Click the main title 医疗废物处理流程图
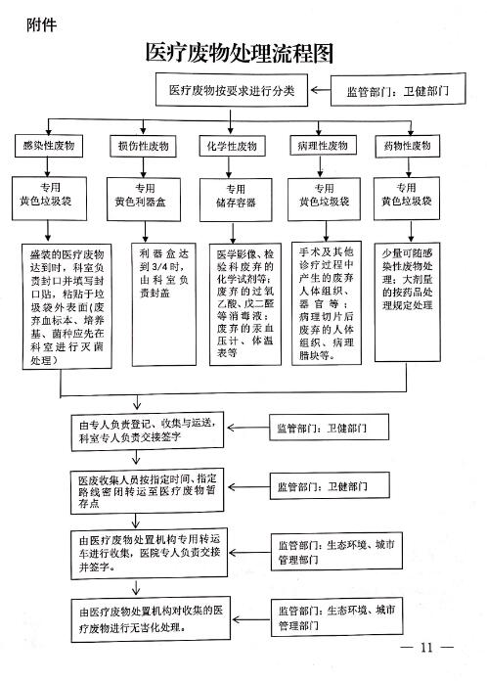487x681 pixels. [x=240, y=53]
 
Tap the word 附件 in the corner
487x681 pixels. [x=42, y=24]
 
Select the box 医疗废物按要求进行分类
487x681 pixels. [x=232, y=90]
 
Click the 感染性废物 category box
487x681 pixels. [x=49, y=146]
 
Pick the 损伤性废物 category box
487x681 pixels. [x=143, y=146]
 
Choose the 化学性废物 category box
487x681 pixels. [x=232, y=146]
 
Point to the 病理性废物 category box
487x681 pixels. [x=323, y=145]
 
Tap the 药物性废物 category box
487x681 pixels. [x=407, y=146]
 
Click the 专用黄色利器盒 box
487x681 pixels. [x=144, y=199]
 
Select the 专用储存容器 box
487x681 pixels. [x=236, y=200]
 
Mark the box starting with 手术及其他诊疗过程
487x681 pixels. [x=327, y=302]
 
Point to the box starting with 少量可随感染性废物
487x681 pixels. [x=408, y=301]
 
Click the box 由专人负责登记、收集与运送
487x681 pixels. [x=147, y=431]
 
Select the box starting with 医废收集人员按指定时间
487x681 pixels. [x=147, y=491]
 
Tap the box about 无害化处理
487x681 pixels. [x=151, y=619]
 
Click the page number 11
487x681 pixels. [x=426, y=648]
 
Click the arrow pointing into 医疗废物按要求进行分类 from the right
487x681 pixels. [x=321, y=90]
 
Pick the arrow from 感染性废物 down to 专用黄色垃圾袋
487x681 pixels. [x=47, y=166]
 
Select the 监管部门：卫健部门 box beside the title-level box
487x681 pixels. [x=398, y=90]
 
